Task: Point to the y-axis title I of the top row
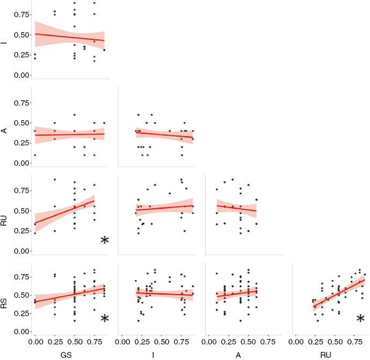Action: (5, 39)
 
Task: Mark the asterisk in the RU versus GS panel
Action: (105, 240)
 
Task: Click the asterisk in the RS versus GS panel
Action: (105, 319)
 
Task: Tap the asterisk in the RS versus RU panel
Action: (360, 319)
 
